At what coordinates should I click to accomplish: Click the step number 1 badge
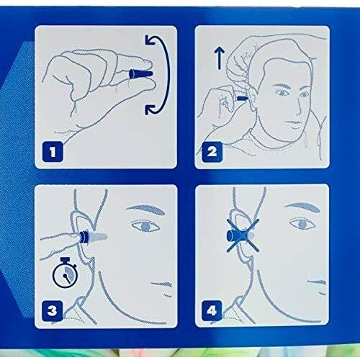pyautogui.click(x=53, y=151)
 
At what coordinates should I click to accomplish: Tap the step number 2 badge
pyautogui.click(x=212, y=151)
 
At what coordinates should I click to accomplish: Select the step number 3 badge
pyautogui.click(x=53, y=311)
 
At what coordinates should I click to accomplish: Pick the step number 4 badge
pyautogui.click(x=212, y=311)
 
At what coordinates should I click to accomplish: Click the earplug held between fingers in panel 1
pyautogui.click(x=140, y=73)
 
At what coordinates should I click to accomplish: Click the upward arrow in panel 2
pyautogui.click(x=219, y=58)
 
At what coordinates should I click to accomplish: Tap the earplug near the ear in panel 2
pyautogui.click(x=242, y=98)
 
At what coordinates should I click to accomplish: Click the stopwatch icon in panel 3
pyautogui.click(x=65, y=272)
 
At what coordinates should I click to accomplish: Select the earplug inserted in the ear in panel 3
pyautogui.click(x=93, y=236)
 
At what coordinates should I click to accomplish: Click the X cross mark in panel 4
pyautogui.click(x=243, y=235)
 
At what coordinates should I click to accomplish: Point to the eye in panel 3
pyautogui.click(x=145, y=226)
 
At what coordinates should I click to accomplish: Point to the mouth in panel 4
pyautogui.click(x=318, y=282)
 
